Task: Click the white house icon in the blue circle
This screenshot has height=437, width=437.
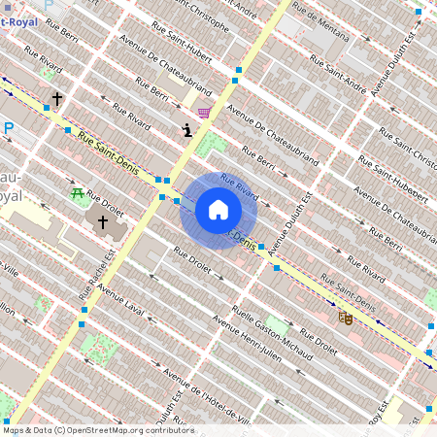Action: (x=218, y=210)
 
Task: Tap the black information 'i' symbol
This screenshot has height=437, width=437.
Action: (x=186, y=130)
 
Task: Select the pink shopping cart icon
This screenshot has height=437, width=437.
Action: (x=204, y=113)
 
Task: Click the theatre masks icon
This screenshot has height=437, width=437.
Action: (x=345, y=317)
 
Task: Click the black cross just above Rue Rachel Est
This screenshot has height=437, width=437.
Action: (x=102, y=222)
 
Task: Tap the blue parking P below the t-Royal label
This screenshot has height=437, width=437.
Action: (x=9, y=127)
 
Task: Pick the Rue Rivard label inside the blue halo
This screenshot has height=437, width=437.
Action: (x=239, y=185)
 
